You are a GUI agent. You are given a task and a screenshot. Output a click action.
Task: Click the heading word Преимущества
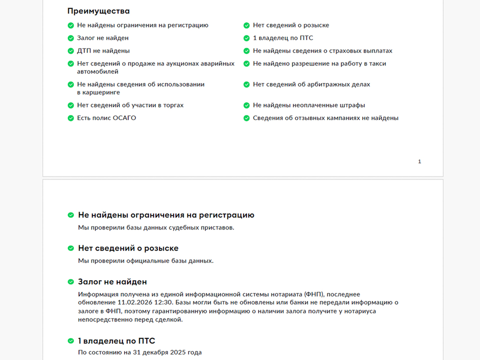click(x=98, y=11)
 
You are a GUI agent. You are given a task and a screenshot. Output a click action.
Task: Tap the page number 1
click(x=419, y=161)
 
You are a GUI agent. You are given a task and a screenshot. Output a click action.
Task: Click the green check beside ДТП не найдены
click(x=70, y=51)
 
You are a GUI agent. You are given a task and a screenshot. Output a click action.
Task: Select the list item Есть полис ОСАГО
click(x=106, y=118)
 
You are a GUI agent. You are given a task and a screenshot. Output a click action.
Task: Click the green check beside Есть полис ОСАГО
click(x=70, y=118)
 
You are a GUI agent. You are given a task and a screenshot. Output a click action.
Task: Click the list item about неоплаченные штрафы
click(x=308, y=105)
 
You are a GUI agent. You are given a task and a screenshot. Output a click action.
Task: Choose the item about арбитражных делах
click(x=311, y=84)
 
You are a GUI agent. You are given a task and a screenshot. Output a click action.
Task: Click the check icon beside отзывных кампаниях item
click(x=246, y=118)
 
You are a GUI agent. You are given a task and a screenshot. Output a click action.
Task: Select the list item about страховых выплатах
click(x=322, y=50)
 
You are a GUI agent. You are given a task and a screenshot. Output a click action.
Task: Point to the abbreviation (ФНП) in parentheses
click(x=313, y=294)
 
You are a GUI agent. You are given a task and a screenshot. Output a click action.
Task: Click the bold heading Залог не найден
click(x=112, y=282)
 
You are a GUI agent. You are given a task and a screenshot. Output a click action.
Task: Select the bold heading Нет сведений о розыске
click(x=128, y=248)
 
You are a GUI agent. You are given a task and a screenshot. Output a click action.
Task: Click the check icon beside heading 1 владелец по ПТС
click(x=70, y=341)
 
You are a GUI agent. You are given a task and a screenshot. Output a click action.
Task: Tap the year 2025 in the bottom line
click(x=177, y=352)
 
